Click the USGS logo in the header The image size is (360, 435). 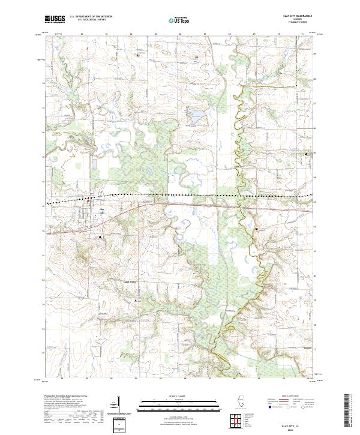55,20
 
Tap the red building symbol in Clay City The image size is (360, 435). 91,199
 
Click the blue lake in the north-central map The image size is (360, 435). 196,113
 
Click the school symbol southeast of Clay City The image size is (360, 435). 100,237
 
